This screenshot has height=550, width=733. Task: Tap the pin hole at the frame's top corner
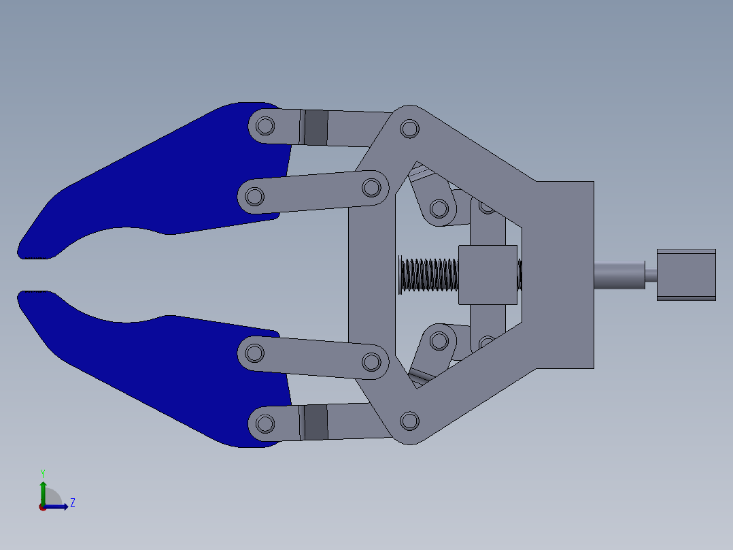coord(409,129)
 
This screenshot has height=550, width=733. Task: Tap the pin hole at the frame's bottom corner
coord(409,421)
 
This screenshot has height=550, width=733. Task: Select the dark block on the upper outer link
coord(316,127)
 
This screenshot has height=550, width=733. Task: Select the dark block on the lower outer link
coord(316,422)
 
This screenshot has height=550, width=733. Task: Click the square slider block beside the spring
coord(488,274)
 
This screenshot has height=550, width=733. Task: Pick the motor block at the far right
coord(686,274)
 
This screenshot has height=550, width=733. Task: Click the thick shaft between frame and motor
coord(619,275)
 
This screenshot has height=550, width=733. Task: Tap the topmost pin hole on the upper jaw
coord(265,126)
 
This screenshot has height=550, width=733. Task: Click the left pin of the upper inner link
coord(254,197)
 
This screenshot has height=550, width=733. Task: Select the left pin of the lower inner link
coord(254,353)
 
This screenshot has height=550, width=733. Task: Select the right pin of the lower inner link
coord(371,361)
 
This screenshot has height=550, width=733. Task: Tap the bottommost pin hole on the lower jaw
coord(265,423)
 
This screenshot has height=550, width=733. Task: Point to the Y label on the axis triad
coord(42,472)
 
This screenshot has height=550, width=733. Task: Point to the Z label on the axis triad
coord(72,503)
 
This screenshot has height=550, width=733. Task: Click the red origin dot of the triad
coord(42,507)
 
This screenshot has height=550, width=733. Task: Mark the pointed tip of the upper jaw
coord(20,255)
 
